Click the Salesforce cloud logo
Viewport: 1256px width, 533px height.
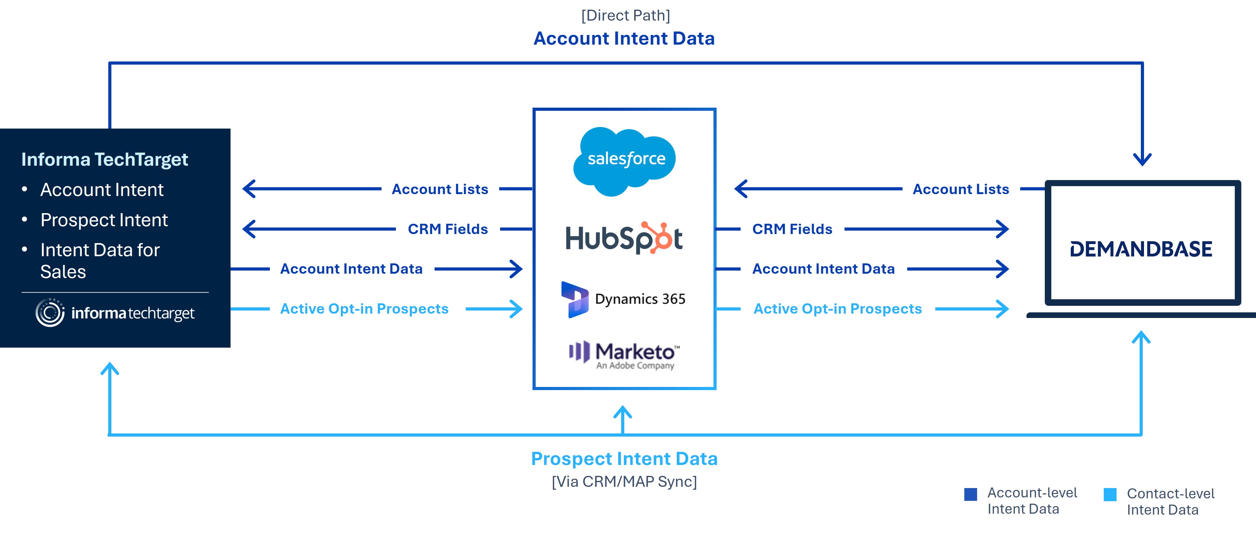625,160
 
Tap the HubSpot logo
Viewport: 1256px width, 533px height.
624,238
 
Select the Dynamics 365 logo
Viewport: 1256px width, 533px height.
624,299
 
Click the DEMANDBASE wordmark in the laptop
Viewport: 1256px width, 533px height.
1141,249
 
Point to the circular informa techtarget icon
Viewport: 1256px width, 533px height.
50,313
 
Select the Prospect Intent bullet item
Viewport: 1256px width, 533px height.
104,220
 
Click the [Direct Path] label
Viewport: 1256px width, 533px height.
625,16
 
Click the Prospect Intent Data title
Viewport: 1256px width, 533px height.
624,458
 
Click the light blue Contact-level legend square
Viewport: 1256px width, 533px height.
1110,495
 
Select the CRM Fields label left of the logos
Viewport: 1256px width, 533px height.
448,229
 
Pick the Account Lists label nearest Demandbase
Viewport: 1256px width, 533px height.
961,189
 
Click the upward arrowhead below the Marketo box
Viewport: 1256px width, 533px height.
623,412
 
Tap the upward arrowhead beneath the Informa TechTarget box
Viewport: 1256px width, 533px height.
110,369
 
